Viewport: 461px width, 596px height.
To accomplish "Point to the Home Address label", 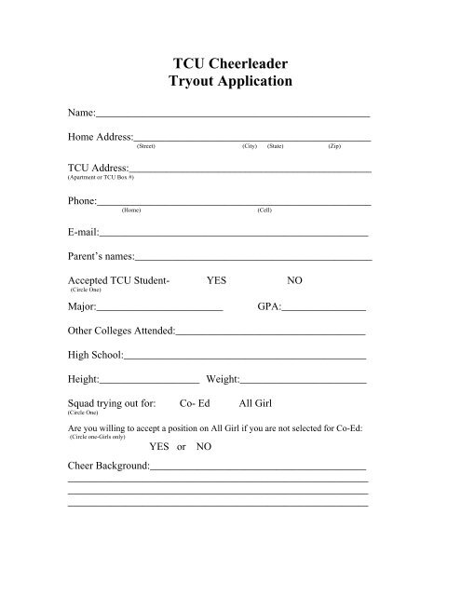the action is coord(102,138).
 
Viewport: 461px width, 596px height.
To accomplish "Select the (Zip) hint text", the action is coord(334,147).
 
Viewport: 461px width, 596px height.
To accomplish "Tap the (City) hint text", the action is coord(249,147).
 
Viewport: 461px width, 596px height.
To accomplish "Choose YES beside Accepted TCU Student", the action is coord(216,280).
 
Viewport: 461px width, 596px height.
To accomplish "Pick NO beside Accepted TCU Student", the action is coord(294,280).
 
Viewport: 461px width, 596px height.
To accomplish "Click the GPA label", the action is coord(267,305).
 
